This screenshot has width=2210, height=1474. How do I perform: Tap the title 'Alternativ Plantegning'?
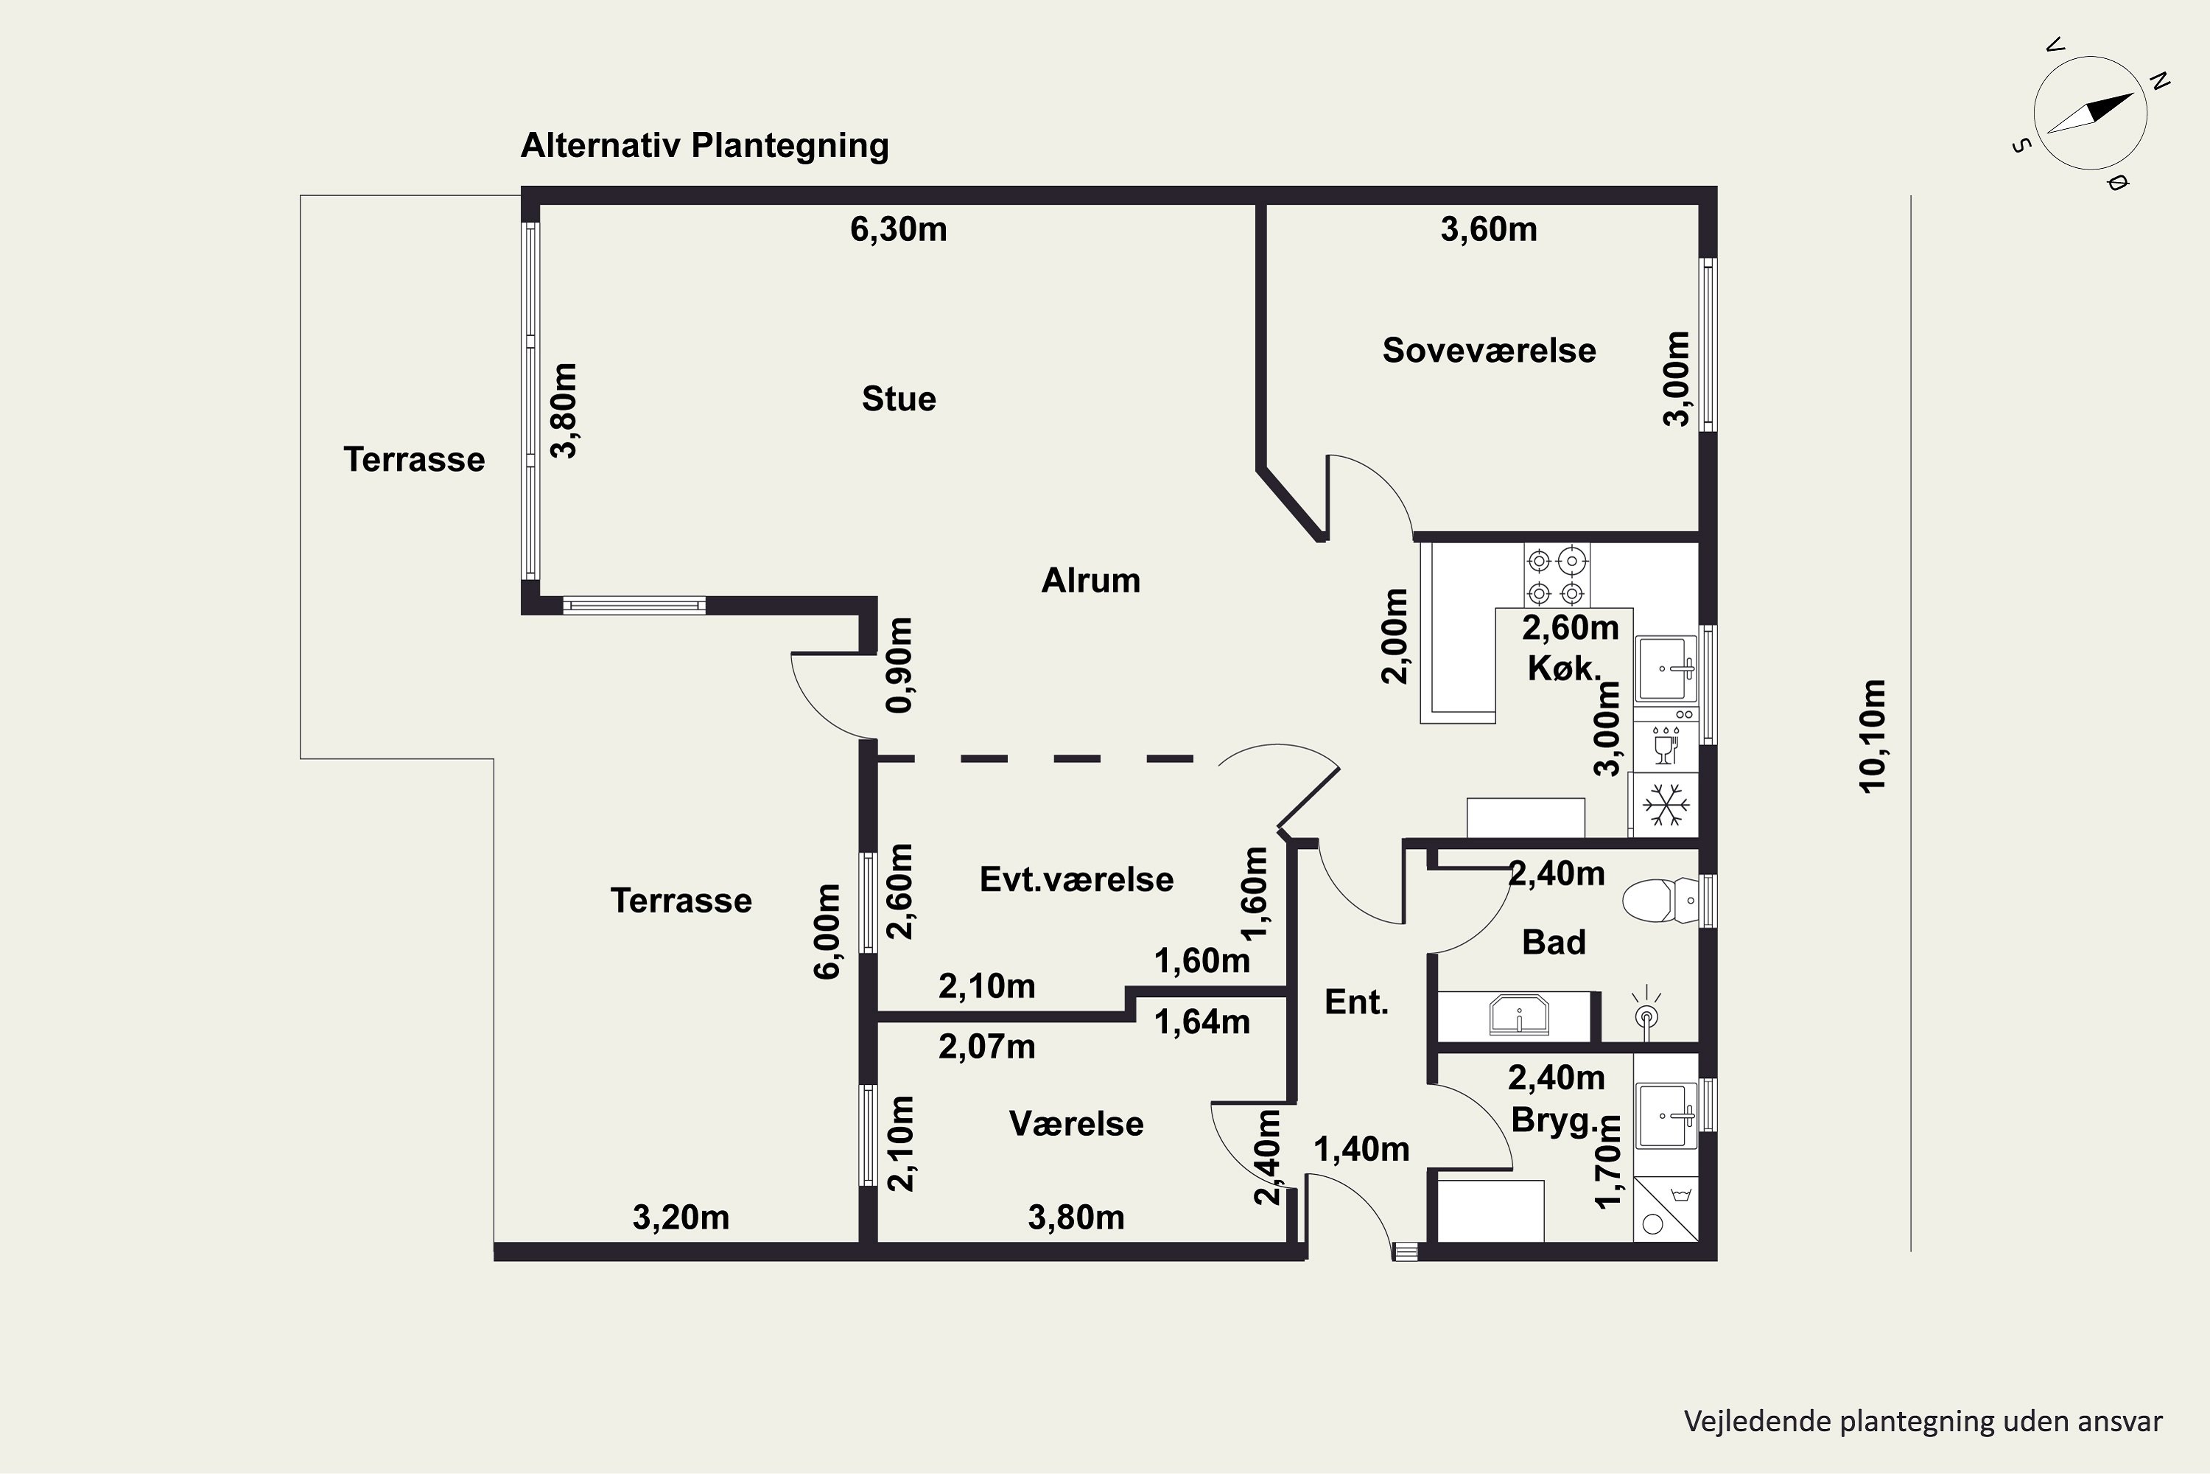pos(705,146)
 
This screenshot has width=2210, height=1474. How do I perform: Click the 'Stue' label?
pos(899,399)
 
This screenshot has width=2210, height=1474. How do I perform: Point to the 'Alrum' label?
pos(1091,581)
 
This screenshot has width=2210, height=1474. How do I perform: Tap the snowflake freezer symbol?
pos(1666,805)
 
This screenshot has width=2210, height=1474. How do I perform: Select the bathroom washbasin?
pos(1518,1014)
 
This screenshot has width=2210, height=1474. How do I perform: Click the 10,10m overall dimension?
pos(1872,736)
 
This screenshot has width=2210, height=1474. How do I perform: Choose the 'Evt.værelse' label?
pos(1077,880)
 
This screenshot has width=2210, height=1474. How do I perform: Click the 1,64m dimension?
pos(1202,1021)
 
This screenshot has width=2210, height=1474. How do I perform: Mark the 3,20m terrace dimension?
pos(681,1218)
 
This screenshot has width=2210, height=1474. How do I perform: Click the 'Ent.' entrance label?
pos(1356,1002)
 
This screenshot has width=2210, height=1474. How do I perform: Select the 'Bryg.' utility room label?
pos(1555,1120)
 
